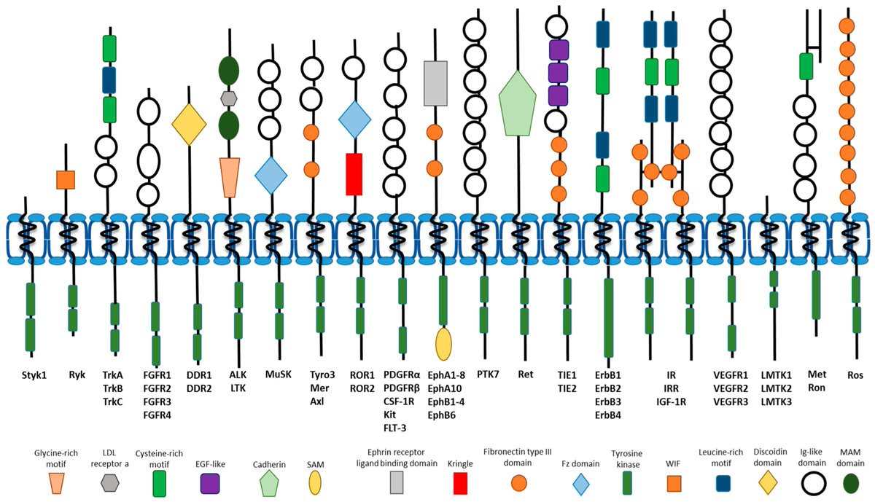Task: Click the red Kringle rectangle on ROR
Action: [x=354, y=174]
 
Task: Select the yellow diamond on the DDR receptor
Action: [x=190, y=125]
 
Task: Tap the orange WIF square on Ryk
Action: [x=66, y=179]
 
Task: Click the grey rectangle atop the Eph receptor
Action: [x=435, y=83]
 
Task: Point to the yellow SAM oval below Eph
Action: [x=443, y=344]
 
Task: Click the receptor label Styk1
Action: [x=31, y=376]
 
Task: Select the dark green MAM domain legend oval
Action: [x=847, y=482]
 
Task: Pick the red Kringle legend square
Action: [x=460, y=482]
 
